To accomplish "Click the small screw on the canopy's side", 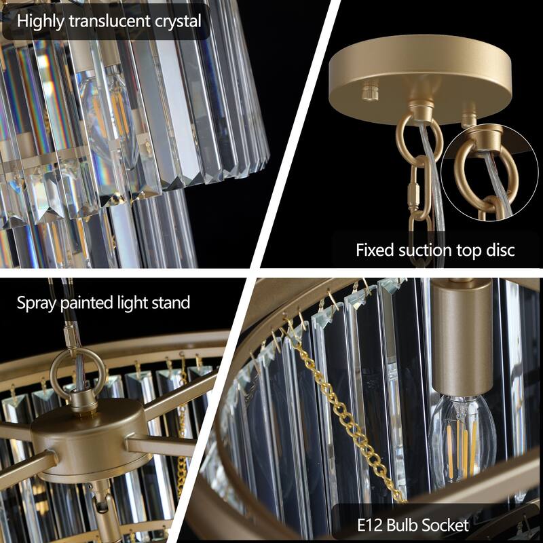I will pyautogui.click(x=369, y=90).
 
